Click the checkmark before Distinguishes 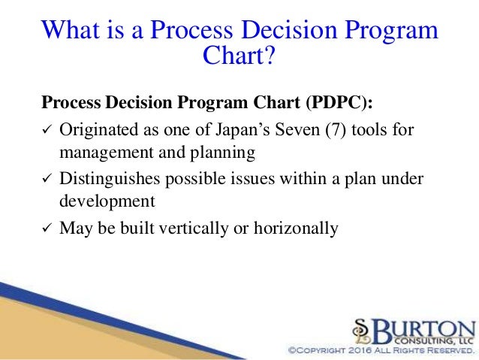pos(46,180)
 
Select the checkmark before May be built pos(46,227)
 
